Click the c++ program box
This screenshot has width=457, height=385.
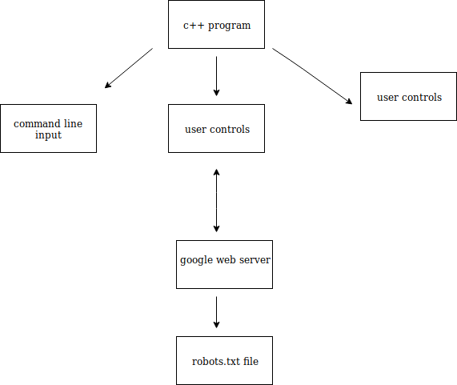pos(216,25)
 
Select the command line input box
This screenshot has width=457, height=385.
pos(48,129)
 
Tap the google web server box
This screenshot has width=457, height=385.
pos(224,265)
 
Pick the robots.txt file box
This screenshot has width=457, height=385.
pos(224,361)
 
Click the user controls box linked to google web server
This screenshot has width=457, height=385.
pos(216,129)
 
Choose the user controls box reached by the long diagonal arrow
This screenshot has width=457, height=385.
pos(408,97)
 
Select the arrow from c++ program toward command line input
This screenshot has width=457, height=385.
pos(129,68)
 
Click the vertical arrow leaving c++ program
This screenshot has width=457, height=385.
pos(216,76)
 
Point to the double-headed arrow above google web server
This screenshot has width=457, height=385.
pos(216,201)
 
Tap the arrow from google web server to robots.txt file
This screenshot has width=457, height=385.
pos(216,312)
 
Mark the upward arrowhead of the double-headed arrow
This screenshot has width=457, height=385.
pos(216,171)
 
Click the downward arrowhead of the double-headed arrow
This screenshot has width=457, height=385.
pos(216,229)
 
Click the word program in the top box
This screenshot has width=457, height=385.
pos(229,26)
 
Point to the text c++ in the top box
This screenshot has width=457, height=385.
pos(194,26)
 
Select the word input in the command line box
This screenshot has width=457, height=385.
pos(48,135)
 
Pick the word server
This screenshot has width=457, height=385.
pos(255,259)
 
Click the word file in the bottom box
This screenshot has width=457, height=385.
pos(251,361)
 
